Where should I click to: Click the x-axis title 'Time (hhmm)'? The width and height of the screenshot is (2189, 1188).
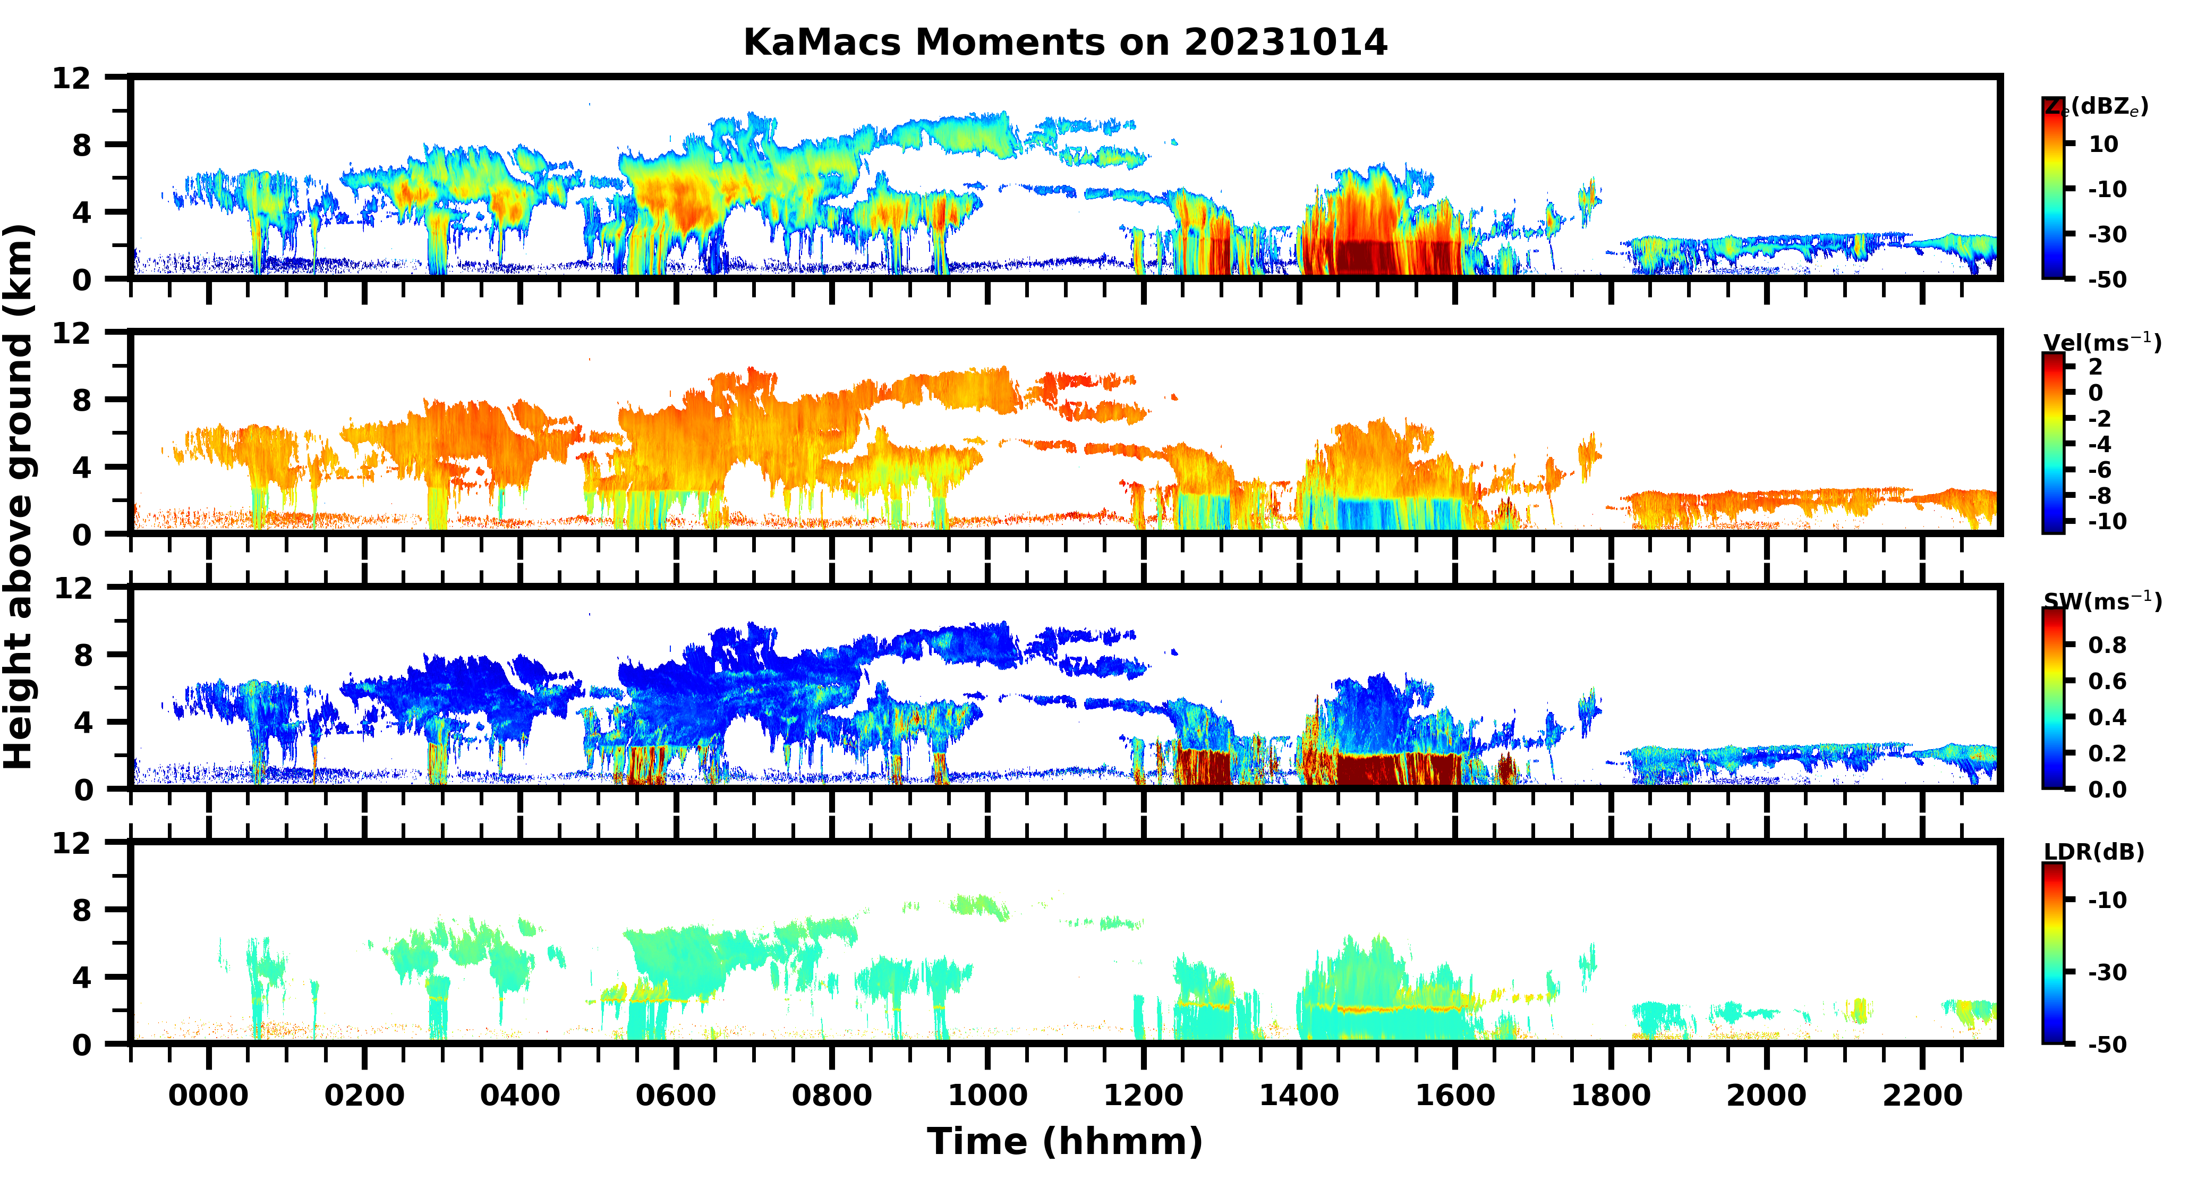point(1065,1141)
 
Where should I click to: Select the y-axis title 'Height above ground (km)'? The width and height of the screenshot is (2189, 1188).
point(19,497)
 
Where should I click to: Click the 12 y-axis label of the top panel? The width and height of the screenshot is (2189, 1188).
point(71,78)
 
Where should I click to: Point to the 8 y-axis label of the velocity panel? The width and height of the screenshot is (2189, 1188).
point(82,400)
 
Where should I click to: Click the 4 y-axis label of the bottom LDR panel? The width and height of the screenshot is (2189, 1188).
point(82,977)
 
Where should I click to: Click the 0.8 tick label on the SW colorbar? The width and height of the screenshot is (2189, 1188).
point(2107,645)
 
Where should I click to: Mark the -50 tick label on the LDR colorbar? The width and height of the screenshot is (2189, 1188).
point(2107,1045)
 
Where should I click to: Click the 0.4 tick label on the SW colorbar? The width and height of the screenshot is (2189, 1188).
point(2107,717)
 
